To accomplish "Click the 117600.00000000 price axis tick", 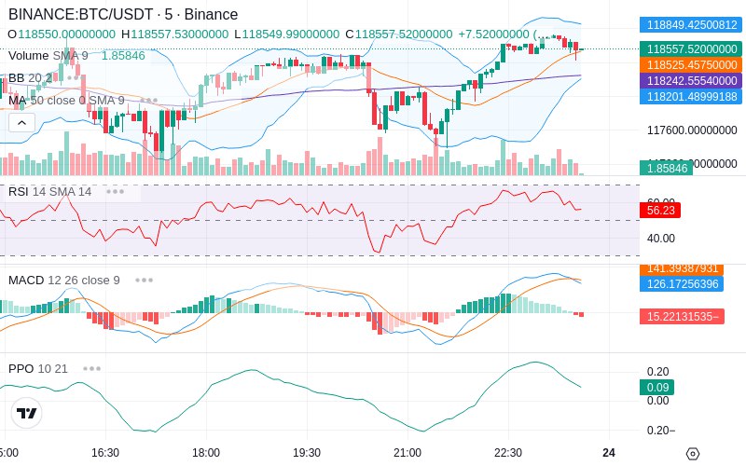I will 692,130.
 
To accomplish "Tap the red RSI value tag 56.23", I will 660,211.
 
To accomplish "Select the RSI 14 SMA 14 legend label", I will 50,191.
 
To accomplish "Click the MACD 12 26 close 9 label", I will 64,280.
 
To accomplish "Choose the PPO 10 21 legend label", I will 38,368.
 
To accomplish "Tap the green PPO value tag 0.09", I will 658,387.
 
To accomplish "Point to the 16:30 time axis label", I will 105,452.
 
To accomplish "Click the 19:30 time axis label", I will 307,452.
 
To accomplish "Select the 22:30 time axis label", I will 508,452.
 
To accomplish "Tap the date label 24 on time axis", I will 609,452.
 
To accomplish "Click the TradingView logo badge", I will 27,413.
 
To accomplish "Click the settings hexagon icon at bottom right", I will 692,454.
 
